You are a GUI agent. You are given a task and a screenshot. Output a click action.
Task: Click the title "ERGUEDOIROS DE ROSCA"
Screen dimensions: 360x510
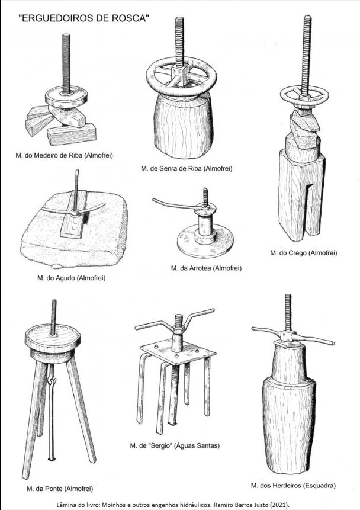coord(84,18)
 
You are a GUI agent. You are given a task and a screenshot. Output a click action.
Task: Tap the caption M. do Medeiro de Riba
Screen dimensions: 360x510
coord(64,155)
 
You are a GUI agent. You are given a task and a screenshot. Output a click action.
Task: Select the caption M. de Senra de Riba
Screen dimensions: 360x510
coord(187,168)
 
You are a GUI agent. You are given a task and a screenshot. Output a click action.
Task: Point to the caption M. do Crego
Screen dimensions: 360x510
coord(303,253)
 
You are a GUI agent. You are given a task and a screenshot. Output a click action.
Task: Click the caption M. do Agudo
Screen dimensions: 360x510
coord(72,278)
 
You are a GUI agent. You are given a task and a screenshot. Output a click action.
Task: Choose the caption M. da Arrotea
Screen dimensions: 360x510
coord(206,268)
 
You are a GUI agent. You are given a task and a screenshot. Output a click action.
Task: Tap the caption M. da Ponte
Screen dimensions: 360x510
coord(60,489)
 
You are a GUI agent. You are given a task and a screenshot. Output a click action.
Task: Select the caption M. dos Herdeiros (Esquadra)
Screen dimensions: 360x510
coord(293,486)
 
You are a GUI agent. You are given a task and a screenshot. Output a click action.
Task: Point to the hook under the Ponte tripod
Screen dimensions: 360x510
coord(52,380)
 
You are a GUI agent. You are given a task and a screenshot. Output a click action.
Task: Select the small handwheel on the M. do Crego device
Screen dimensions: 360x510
coord(304,95)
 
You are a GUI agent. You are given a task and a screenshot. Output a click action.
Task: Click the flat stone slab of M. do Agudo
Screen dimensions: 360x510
coord(74,229)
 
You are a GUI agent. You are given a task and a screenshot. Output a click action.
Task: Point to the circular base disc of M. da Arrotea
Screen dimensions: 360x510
coord(205,241)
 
